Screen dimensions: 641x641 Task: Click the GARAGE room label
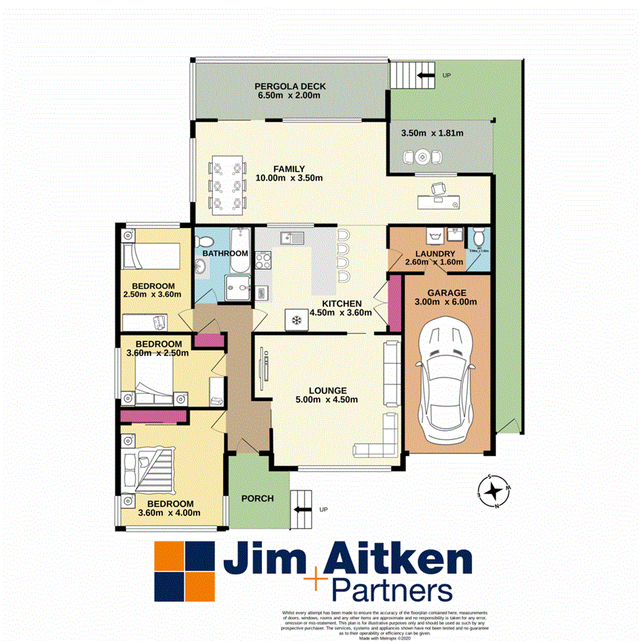pyautogui.click(x=447, y=293)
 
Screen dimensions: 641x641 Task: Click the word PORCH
pyautogui.click(x=258, y=499)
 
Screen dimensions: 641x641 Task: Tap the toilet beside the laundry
pyautogui.click(x=479, y=236)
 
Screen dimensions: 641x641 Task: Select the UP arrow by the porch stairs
pyautogui.click(x=302, y=509)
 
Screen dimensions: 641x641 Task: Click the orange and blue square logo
pyautogui.click(x=185, y=572)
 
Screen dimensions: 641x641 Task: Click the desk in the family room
pyautogui.click(x=442, y=200)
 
